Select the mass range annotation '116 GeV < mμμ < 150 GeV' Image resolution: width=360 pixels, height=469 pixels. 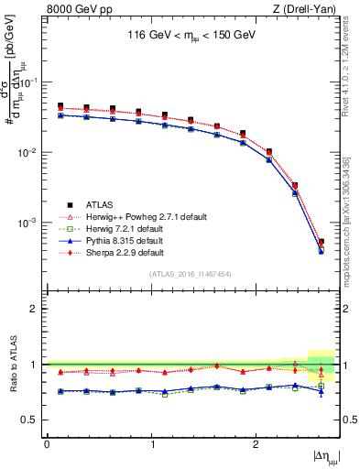click(x=190, y=38)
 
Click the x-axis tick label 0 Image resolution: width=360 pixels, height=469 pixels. click(x=47, y=444)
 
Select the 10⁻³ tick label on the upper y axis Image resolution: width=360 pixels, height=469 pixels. click(x=31, y=223)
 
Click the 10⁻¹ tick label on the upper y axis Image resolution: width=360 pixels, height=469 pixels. click(x=31, y=82)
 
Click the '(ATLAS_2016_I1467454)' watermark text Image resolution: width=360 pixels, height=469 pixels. click(x=190, y=274)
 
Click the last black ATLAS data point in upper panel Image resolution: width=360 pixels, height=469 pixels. click(x=321, y=243)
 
